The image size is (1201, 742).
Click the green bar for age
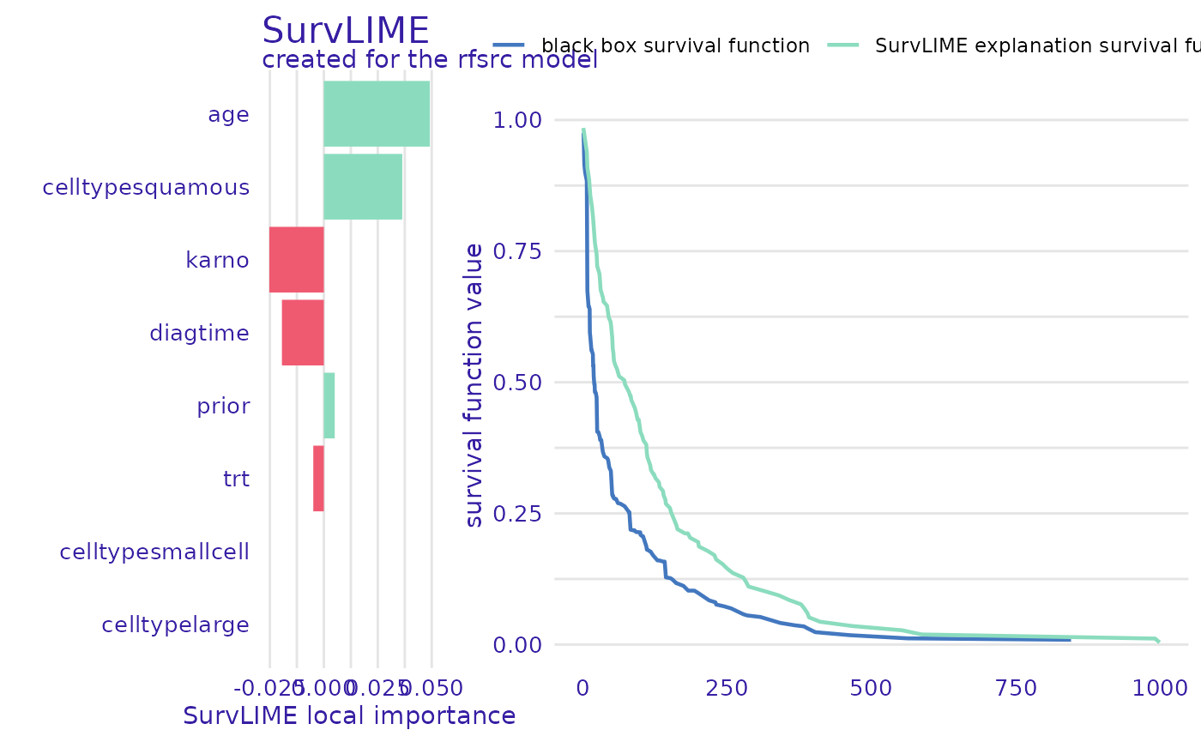pos(377,113)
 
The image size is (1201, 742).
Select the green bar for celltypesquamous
pos(362,186)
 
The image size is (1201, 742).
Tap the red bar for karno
pos(296,259)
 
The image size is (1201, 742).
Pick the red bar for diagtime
pos(302,332)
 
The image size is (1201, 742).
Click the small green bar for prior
pos(329,406)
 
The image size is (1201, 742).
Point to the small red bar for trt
pos(318,479)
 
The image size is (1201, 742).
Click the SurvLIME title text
pos(345,32)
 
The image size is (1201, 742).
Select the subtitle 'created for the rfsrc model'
pos(429,60)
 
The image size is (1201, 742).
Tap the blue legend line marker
pos(509,45)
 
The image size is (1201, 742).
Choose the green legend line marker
pos(843,45)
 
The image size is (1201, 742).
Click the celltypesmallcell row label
pos(154,552)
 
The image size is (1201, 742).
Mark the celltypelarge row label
pos(175,624)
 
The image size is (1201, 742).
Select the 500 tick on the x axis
pos(870,688)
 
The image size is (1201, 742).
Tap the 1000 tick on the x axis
pos(1159,688)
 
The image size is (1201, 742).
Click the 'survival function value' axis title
pos(474,384)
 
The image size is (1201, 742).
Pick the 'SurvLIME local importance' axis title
pos(349,716)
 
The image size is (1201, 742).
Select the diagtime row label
pos(199,333)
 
